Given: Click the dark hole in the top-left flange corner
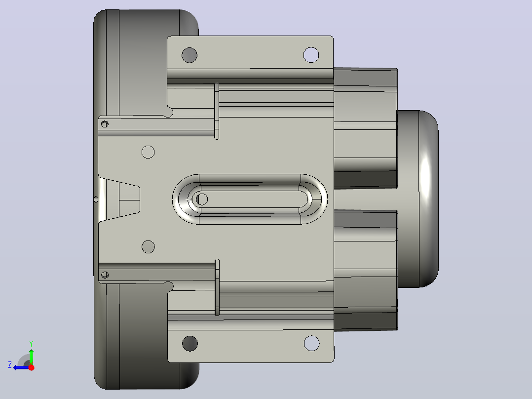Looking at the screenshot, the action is pos(190,55).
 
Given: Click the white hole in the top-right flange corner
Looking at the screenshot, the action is pos(311,55).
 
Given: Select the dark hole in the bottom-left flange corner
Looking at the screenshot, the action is pos(190,343).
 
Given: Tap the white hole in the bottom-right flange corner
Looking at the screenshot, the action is pos(312,343).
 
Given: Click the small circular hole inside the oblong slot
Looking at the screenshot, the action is pos(202,199).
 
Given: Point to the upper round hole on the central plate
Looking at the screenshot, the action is pos(148,152).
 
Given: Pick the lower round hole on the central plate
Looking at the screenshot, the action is pos(148,247).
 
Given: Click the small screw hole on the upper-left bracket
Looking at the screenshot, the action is pos(105,124).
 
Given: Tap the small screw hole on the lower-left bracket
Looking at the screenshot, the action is pos(105,275).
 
